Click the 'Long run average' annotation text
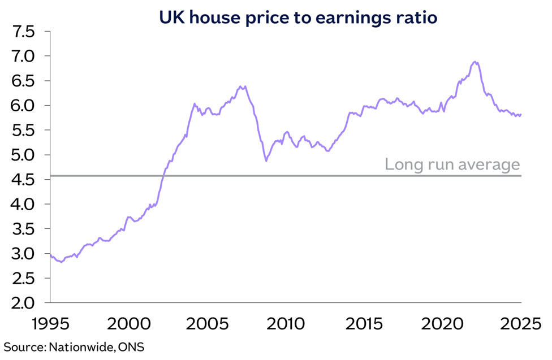(452, 165)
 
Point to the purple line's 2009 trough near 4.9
(266, 161)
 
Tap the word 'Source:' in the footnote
(25, 346)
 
